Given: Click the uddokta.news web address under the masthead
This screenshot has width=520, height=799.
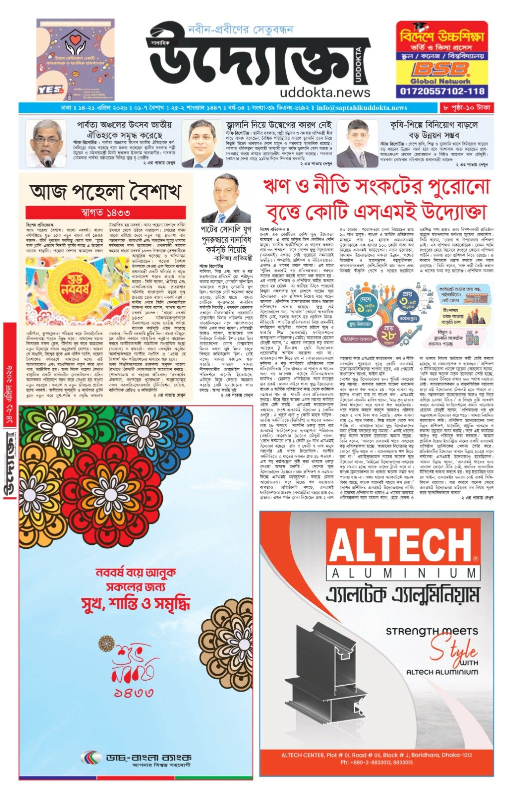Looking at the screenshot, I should click(x=325, y=92).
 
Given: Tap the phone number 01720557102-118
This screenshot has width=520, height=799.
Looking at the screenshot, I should click(x=442, y=91).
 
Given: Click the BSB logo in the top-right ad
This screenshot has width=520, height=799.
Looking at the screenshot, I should click(x=441, y=69).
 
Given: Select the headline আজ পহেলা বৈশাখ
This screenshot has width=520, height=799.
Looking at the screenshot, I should click(x=105, y=191).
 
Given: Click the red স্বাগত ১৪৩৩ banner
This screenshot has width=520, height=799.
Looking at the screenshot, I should click(x=105, y=213).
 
